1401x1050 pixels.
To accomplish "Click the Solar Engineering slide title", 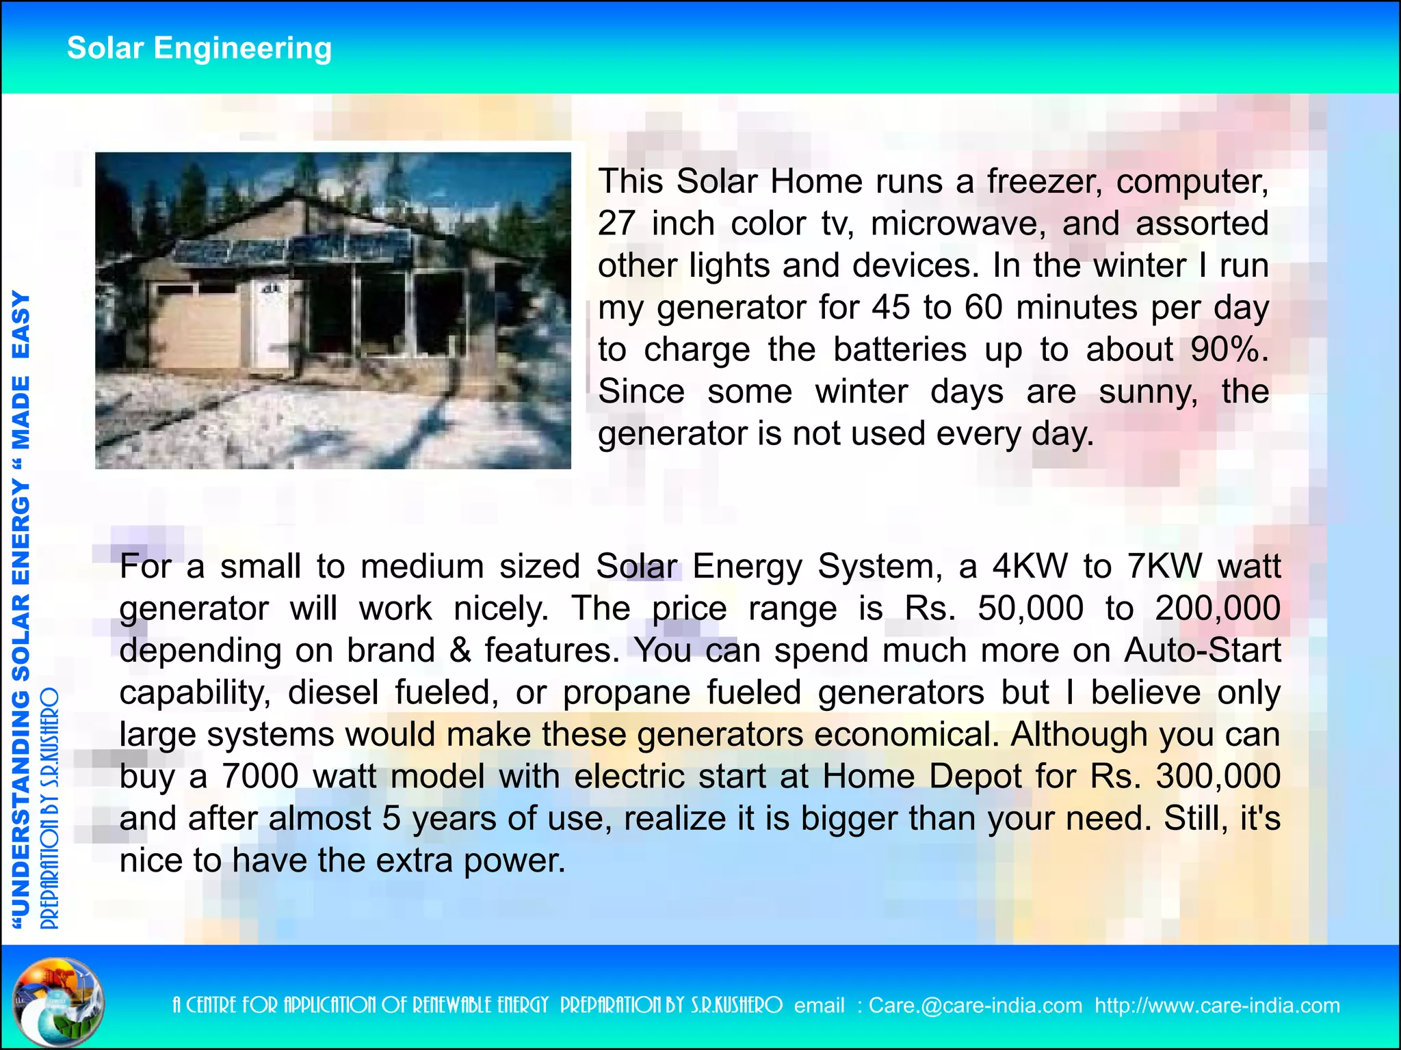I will [199, 49].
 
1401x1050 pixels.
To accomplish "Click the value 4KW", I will [1030, 567].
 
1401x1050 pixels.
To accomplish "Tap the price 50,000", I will [1030, 608].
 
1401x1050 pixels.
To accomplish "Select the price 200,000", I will [1218, 608].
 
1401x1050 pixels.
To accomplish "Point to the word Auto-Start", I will [1202, 650].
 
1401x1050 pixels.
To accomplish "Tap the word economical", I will [903, 734].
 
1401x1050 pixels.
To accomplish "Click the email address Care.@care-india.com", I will [976, 1006].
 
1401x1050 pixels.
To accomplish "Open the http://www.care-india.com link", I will [1217, 1006].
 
